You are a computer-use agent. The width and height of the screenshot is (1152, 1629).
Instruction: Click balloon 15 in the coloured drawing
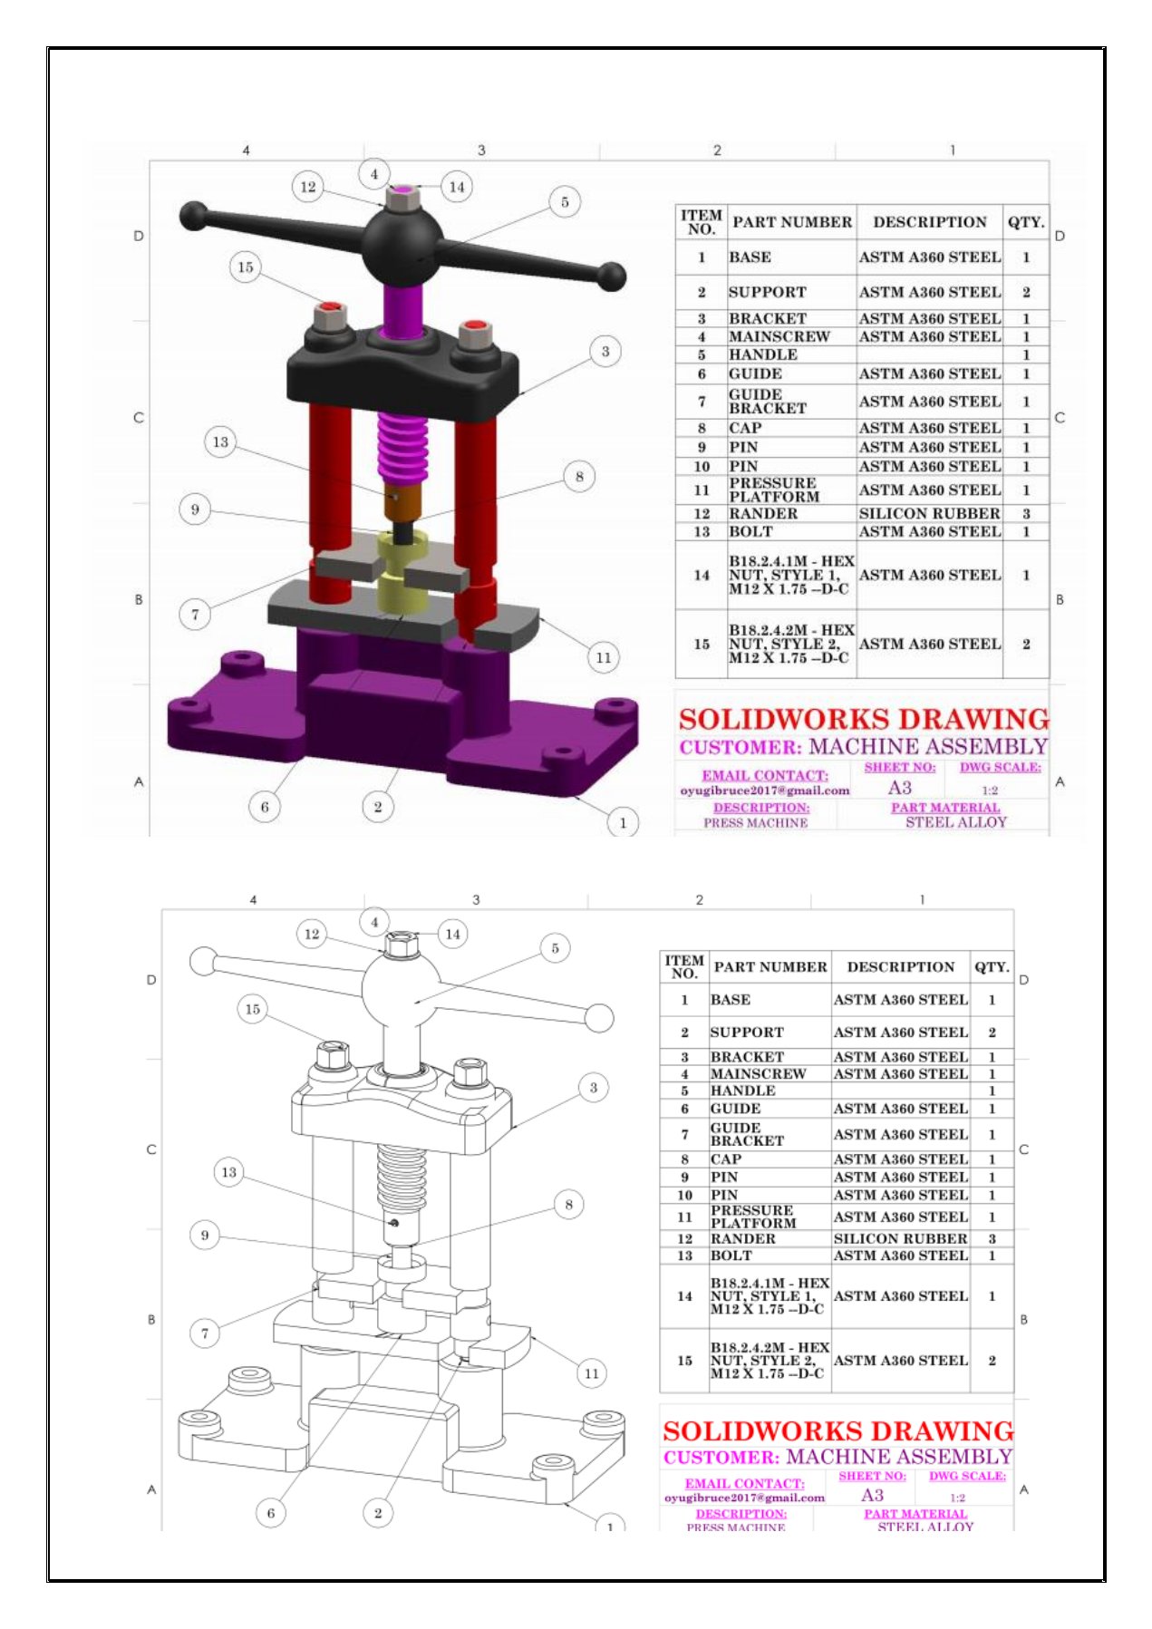[x=246, y=267]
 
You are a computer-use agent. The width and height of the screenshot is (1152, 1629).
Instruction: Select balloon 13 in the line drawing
[x=229, y=1172]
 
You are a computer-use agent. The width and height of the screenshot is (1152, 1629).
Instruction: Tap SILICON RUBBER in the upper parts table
[x=929, y=514]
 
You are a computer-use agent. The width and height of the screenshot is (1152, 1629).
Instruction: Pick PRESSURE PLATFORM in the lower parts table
[x=753, y=1217]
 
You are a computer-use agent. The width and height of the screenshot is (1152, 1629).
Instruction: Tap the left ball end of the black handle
[x=193, y=217]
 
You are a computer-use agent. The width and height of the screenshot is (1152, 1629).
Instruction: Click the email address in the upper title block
[x=765, y=790]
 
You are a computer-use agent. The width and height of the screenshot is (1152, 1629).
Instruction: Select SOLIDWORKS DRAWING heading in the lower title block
[x=837, y=1431]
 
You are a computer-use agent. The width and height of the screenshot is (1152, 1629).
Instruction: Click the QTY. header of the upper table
[x=1026, y=222]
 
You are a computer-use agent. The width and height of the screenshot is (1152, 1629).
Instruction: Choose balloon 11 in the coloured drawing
[x=604, y=657]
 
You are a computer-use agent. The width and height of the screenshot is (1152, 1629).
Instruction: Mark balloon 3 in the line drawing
[x=594, y=1088]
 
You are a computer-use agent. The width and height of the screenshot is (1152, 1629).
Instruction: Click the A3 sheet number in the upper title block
[x=899, y=788]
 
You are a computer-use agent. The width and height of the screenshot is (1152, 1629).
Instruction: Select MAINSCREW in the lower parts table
[x=759, y=1074]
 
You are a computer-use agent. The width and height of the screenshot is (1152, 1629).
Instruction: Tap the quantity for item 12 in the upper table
[x=1026, y=514]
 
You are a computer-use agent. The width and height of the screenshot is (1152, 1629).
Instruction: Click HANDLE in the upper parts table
[x=763, y=355]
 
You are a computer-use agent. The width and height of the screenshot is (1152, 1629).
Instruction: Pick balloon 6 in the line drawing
[x=270, y=1512]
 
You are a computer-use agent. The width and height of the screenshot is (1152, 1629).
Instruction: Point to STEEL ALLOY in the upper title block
[x=956, y=822]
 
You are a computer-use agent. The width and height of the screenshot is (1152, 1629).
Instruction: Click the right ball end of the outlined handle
[x=599, y=1018]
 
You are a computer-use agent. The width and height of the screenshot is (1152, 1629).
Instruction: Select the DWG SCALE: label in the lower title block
[x=967, y=1476]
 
